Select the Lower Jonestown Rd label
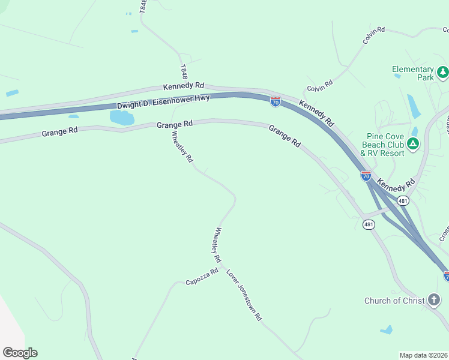[244, 295]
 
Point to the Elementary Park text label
[413, 73]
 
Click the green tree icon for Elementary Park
[443, 73]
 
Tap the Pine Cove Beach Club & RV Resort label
[382, 145]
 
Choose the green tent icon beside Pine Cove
[413, 144]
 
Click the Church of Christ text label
[394, 301]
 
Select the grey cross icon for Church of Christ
[435, 300]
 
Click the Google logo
[20, 353]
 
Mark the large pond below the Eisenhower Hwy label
[122, 117]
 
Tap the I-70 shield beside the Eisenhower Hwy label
[275, 102]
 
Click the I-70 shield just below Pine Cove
[366, 175]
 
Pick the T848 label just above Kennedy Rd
[184, 72]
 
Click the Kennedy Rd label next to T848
[184, 86]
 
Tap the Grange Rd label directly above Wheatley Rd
[175, 124]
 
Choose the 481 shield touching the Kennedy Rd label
[403, 200]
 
